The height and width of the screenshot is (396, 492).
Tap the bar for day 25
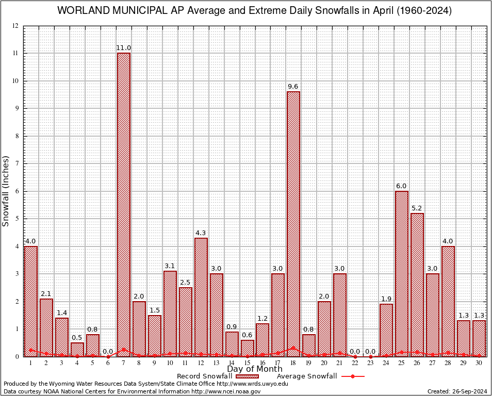pos(402,273)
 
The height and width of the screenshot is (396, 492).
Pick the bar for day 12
pos(201,297)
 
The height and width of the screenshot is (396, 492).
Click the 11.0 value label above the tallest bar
pos(124,48)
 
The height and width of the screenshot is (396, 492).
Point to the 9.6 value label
pos(293,87)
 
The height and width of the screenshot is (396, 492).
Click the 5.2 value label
pos(417,208)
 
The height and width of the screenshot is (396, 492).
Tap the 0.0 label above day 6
pos(108,352)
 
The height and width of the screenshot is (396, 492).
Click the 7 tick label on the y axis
pos(17,163)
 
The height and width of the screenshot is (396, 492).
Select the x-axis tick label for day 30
pos(479,363)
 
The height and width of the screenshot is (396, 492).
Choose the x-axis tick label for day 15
pos(247,363)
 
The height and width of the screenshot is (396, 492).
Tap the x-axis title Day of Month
pos(255,369)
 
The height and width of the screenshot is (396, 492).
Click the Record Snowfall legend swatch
pos(245,376)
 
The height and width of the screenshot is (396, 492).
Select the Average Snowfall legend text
pos(307,376)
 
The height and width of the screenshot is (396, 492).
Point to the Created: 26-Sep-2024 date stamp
pos(457,391)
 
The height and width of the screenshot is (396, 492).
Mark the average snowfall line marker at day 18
pos(293,348)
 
